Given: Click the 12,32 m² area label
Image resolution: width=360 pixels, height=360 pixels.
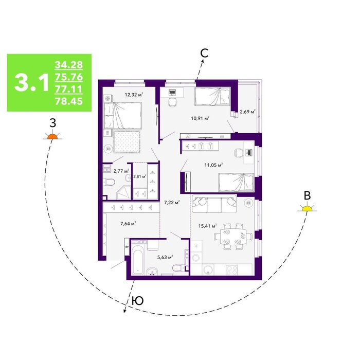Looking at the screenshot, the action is pyautogui.click(x=134, y=94).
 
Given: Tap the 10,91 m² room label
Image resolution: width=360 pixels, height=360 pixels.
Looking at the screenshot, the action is pyautogui.click(x=200, y=118).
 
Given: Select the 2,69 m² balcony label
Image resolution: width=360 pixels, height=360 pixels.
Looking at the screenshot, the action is pyautogui.click(x=247, y=112).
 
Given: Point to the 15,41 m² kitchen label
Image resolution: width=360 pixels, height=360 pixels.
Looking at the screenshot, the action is pyautogui.click(x=208, y=226).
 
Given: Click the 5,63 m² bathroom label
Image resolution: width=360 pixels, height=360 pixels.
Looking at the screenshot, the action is pyautogui.click(x=165, y=257).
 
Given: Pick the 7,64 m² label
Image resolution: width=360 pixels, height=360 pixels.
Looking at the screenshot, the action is pyautogui.click(x=128, y=224).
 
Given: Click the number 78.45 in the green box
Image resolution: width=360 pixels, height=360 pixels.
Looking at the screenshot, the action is pyautogui.click(x=68, y=101).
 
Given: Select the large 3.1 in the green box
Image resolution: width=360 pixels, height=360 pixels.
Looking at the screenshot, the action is pyautogui.click(x=31, y=83).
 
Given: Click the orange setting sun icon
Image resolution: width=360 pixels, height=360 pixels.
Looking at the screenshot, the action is pyautogui.click(x=52, y=136).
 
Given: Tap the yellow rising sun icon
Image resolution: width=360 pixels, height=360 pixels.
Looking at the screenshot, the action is pyautogui.click(x=307, y=208).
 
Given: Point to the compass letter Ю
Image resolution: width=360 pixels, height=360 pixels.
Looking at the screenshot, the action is pyautogui.click(x=138, y=301).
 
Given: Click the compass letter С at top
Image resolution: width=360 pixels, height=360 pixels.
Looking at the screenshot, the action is pyautogui.click(x=204, y=53).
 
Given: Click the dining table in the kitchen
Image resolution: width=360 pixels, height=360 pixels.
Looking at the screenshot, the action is pyautogui.click(x=233, y=237).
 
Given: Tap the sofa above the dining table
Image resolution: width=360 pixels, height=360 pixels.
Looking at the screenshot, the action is pyautogui.click(x=214, y=204).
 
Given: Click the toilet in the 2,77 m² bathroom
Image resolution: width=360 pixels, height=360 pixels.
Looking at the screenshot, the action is pyautogui.click(x=109, y=182).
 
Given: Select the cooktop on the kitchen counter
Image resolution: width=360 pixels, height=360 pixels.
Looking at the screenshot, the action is pyautogui.click(x=232, y=269).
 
